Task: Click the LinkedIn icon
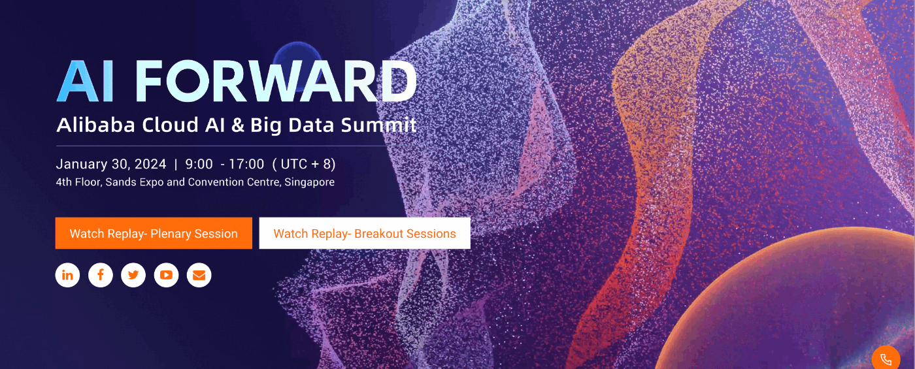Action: coord(67,275)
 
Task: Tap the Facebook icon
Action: coord(101,275)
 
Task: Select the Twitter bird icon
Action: coord(133,275)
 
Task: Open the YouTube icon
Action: coord(166,275)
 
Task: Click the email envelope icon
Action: coord(199,275)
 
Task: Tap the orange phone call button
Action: coord(886,359)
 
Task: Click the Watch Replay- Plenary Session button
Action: coord(154,233)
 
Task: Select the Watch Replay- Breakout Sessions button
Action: coord(365,233)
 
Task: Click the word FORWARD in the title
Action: coord(276,81)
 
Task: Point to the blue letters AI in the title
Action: coord(86,81)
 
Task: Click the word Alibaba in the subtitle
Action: coord(95,125)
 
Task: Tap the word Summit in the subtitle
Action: coord(378,125)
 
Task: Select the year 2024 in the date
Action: coord(150,164)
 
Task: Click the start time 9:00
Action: coord(199,164)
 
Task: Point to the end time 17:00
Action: coord(246,164)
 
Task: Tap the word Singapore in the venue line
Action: coord(309,182)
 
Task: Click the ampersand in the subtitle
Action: coord(237,125)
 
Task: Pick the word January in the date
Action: coord(82,164)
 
